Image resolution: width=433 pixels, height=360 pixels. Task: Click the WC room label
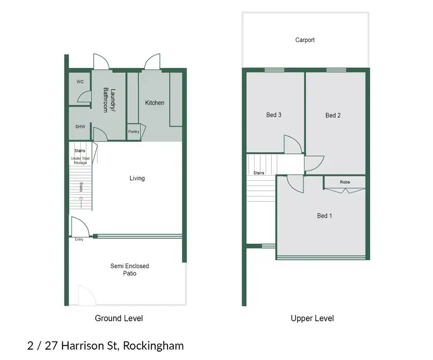tap(80, 82)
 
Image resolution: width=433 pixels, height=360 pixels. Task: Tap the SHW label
tap(80, 127)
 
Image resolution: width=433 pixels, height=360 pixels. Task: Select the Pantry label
tap(134, 132)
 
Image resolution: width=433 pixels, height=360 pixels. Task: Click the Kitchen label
tap(155, 103)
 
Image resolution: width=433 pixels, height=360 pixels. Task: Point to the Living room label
tap(137, 178)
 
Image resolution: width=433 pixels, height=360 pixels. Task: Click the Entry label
tap(79, 239)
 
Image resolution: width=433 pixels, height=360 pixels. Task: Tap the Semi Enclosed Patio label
tap(130, 270)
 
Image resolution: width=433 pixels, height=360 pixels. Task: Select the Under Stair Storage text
tap(80, 161)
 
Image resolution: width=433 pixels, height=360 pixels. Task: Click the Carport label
tap(305, 40)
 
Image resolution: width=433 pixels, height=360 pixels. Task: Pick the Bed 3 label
tap(274, 115)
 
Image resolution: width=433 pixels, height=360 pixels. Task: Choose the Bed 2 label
tap(333, 116)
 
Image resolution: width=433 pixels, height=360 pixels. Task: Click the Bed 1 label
tap(324, 216)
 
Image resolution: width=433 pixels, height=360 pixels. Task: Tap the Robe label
tap(345, 182)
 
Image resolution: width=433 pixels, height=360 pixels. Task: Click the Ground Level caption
tap(118, 318)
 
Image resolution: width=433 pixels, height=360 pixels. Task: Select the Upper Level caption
tap(312, 318)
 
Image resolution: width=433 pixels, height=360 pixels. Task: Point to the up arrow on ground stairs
tap(81, 202)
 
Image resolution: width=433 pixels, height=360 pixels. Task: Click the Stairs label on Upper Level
tap(259, 173)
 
